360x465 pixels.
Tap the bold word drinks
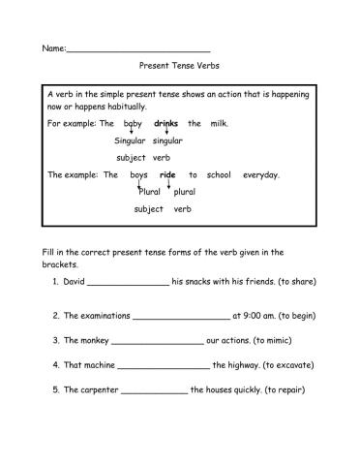click(166, 124)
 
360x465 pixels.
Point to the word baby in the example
click(133, 124)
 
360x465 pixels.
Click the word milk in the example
click(218, 124)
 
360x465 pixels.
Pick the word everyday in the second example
click(260, 175)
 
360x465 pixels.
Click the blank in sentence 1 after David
click(128, 282)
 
